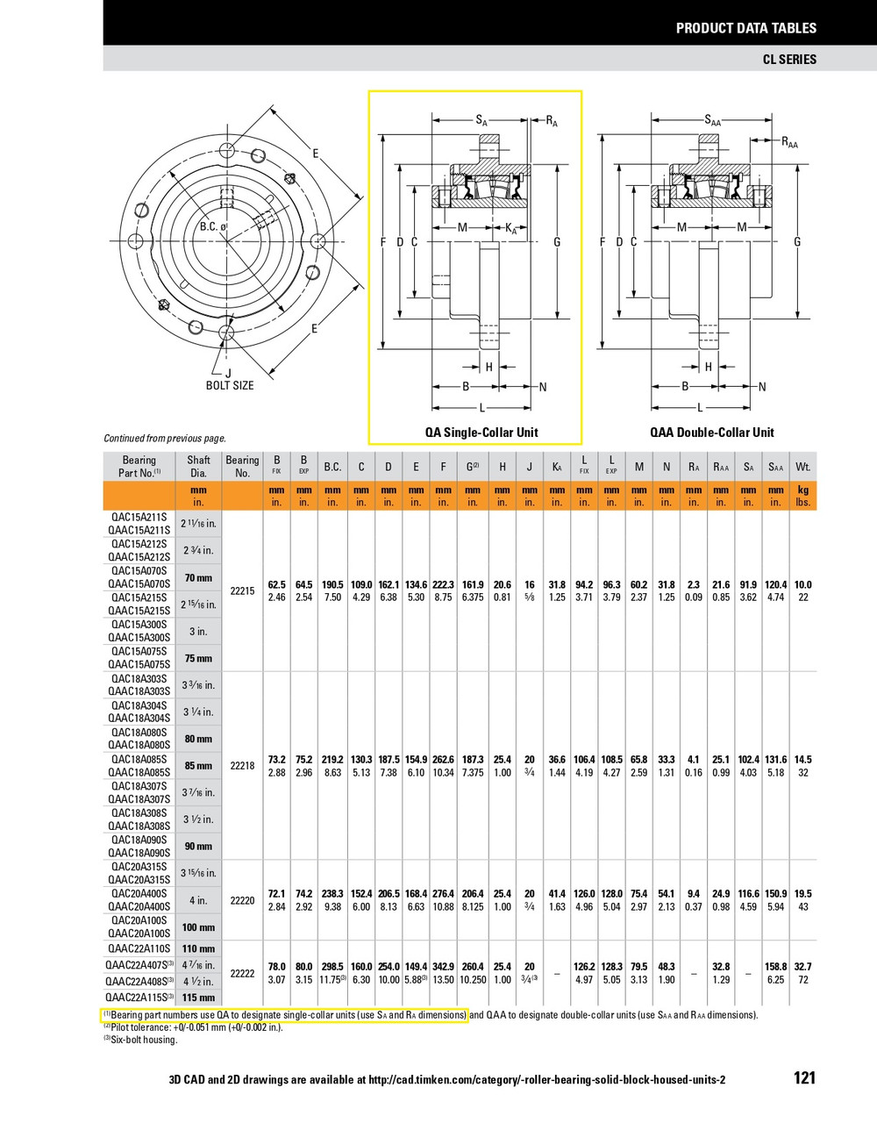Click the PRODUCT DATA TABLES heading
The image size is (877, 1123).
(x=745, y=28)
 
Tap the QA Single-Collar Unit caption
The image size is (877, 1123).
(x=481, y=432)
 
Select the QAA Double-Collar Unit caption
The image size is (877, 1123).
(x=711, y=432)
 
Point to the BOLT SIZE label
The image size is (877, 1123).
(x=230, y=385)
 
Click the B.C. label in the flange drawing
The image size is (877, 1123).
(x=211, y=227)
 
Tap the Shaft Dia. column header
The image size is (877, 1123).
(x=199, y=466)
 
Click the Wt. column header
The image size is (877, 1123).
(x=802, y=467)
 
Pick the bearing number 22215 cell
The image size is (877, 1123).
(x=242, y=591)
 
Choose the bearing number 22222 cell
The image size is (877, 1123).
(x=242, y=973)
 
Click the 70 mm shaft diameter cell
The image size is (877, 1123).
(x=198, y=578)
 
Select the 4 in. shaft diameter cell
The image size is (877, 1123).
(x=198, y=900)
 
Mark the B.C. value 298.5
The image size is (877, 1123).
(x=332, y=967)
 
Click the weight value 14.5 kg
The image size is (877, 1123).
(x=802, y=760)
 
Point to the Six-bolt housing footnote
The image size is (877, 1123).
(x=140, y=1040)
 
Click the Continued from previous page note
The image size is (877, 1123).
(x=165, y=438)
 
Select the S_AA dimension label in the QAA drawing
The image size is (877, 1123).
(x=712, y=121)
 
